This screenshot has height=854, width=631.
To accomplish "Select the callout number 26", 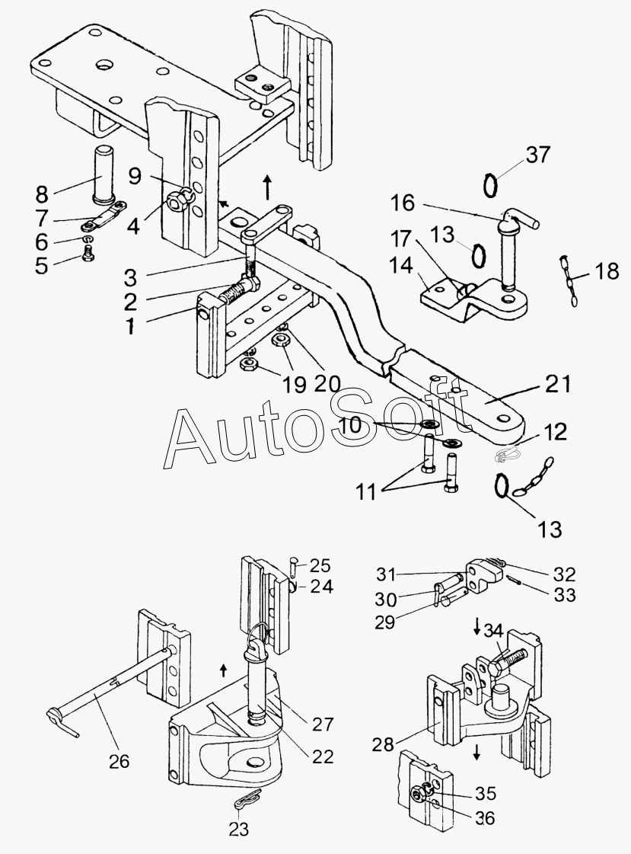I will [120, 760].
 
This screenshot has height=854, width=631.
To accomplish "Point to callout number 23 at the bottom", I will [239, 830].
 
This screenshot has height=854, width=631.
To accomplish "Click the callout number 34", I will [494, 630].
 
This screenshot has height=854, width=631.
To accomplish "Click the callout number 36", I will [484, 818].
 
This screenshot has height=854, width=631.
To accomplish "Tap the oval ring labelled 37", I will [492, 184].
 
